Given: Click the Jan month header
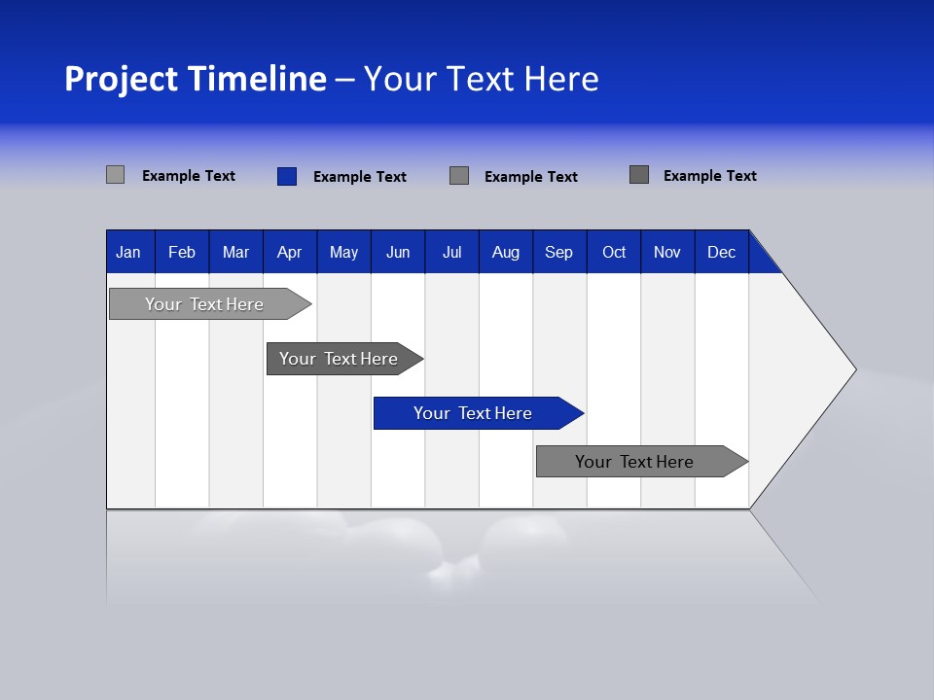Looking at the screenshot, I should click(128, 252).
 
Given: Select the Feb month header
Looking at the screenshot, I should click(182, 252).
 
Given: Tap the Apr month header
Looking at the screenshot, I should click(289, 252).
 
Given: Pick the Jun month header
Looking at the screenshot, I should click(398, 252).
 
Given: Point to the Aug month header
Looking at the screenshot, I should click(505, 252).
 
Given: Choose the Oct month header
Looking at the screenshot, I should click(614, 252).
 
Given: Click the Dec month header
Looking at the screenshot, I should click(721, 252).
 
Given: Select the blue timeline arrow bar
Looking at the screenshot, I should click(473, 413).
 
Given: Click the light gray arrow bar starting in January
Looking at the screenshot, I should click(204, 304).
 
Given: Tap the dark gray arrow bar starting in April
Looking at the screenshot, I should click(339, 359).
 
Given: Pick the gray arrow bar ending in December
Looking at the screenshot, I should click(634, 462).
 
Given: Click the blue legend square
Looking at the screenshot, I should click(287, 176).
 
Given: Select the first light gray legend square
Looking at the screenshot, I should click(115, 175).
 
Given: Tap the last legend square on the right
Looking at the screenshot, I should click(639, 175).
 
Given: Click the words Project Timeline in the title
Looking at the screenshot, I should click(195, 79).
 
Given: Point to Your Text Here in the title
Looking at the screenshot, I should click(481, 79).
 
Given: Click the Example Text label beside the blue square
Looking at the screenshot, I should click(360, 177).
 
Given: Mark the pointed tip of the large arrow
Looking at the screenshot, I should click(854, 369).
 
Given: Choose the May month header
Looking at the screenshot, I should click(343, 252).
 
